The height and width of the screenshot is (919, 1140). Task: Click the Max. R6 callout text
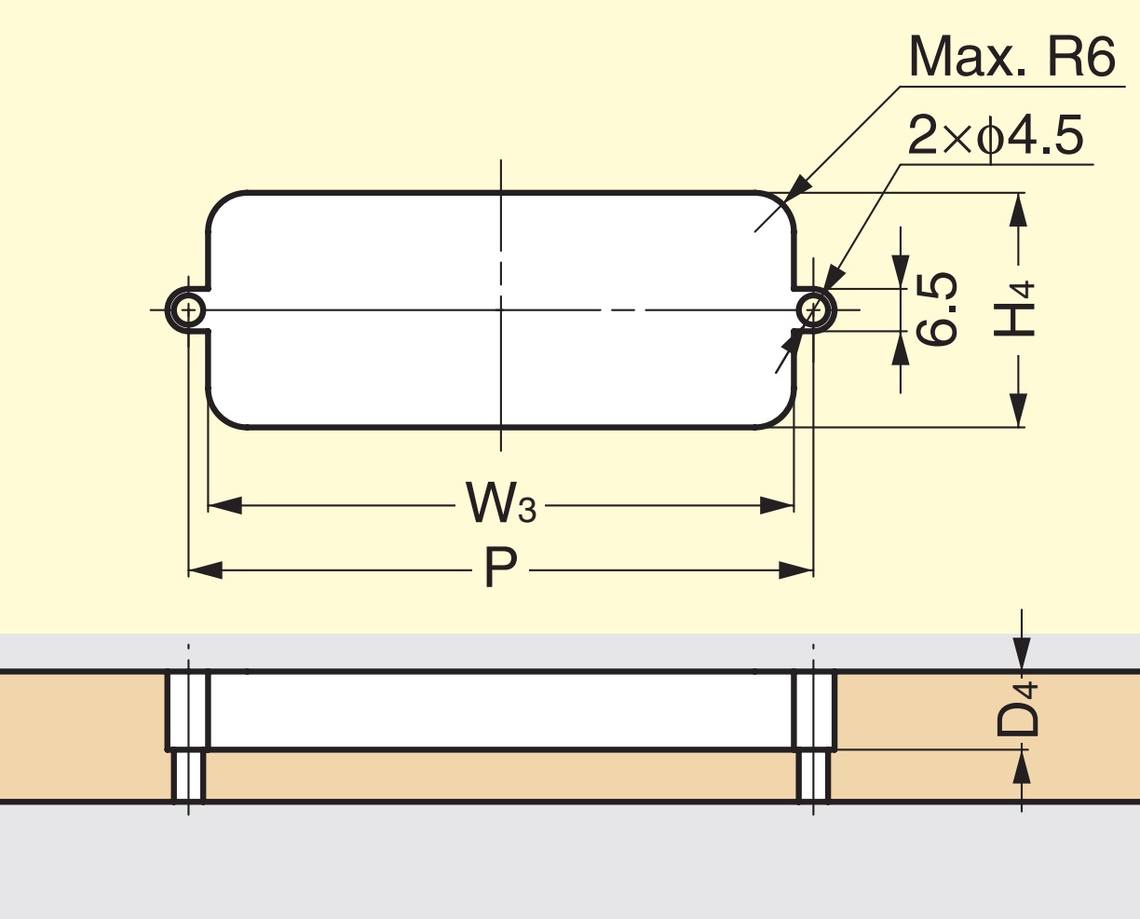1011,58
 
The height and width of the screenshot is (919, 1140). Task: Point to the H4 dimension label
1014,309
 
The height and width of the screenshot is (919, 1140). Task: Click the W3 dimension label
501,505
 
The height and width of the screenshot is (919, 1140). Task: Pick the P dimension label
501,569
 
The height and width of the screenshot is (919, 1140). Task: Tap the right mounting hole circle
813,309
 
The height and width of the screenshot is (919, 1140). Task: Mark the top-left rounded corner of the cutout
222,207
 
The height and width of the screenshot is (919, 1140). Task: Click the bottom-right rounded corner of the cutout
780,414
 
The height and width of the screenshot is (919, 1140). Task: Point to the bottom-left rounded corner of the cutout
222,414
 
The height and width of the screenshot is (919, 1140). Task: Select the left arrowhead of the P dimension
205,569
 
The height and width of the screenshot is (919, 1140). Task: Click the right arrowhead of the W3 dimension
777,506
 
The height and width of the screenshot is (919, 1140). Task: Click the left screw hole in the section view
188,775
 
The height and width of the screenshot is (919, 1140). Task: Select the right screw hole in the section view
813,775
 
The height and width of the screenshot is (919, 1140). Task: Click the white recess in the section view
501,709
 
